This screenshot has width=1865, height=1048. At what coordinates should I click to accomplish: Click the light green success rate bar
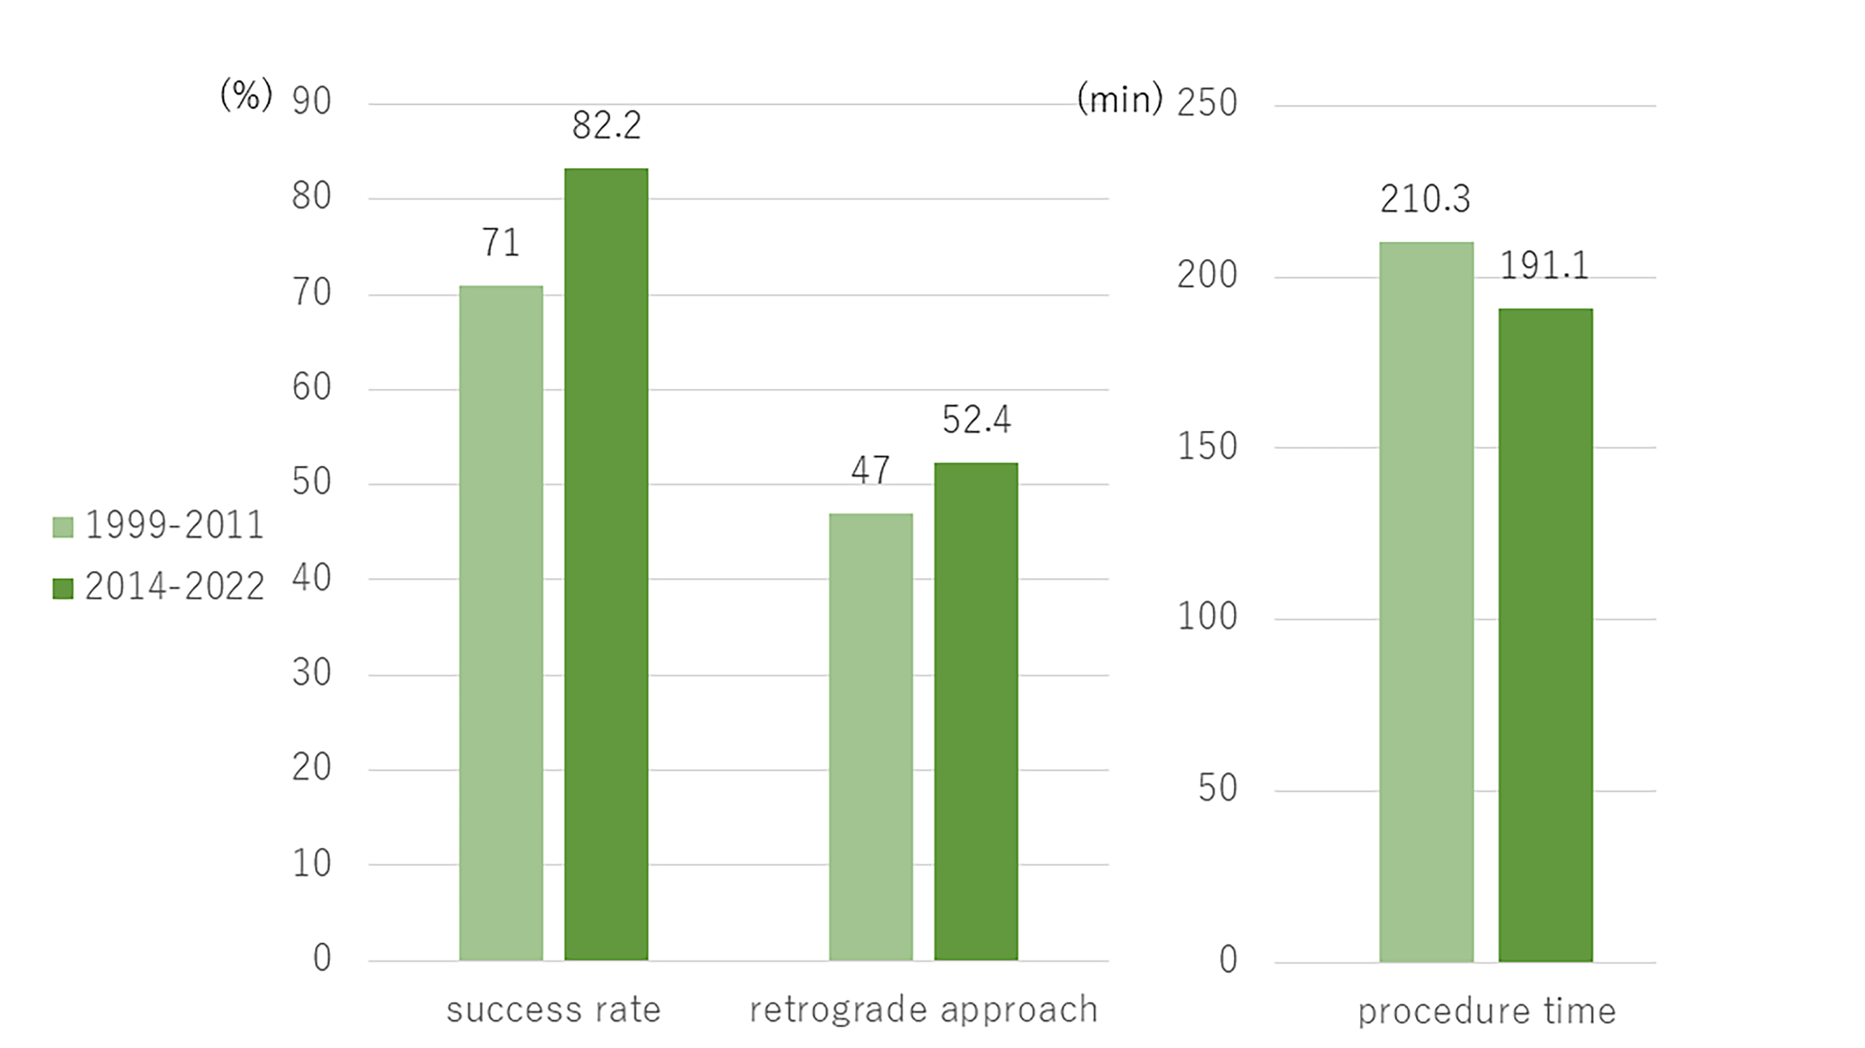[x=501, y=622]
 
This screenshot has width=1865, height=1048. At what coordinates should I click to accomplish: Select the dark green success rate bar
[x=606, y=565]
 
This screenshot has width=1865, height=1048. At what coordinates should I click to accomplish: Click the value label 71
[x=501, y=242]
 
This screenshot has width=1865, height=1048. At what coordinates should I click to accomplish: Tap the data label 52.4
[x=976, y=419]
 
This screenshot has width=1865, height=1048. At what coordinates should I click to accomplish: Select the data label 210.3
[x=1425, y=199]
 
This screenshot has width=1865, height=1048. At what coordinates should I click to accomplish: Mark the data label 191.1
[x=1544, y=266]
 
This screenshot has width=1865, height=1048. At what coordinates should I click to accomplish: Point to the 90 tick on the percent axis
[x=312, y=101]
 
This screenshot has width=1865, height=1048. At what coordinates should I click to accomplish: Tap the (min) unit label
[x=1120, y=99]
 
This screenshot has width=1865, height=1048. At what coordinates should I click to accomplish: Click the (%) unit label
[x=246, y=95]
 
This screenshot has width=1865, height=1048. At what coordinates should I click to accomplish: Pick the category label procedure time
[x=1487, y=1011]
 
